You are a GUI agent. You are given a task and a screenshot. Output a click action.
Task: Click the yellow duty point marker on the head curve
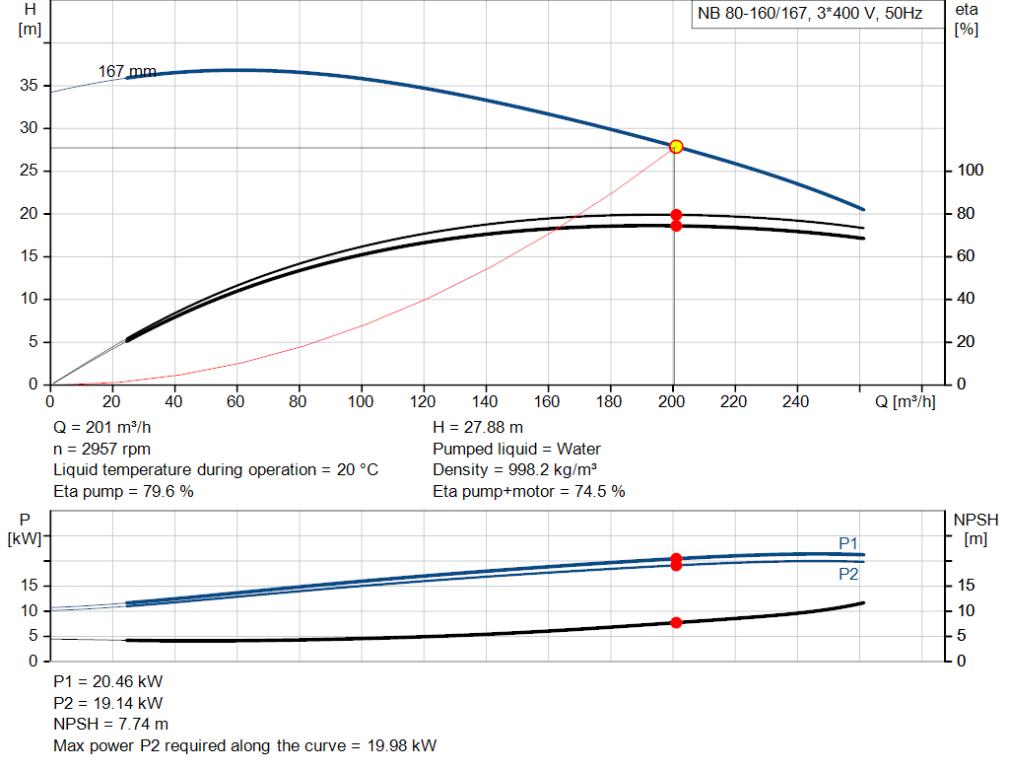point(676,147)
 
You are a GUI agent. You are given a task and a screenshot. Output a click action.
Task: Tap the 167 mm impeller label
point(127,71)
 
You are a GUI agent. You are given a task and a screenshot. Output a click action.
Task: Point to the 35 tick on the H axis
point(31,86)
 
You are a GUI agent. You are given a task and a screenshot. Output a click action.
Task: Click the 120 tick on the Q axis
point(424,401)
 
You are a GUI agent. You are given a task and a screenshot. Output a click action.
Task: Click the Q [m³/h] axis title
point(905,401)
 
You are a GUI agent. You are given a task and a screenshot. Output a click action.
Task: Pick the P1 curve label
point(848,543)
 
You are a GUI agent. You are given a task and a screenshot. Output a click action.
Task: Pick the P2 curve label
point(848,574)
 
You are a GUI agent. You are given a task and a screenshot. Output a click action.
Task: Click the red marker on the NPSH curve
point(676,622)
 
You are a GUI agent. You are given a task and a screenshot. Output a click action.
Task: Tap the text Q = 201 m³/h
point(102,428)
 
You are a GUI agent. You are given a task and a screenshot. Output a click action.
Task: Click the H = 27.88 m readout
point(478,428)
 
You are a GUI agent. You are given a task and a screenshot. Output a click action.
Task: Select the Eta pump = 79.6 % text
point(123,491)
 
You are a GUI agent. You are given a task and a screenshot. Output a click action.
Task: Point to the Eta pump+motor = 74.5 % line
point(528,491)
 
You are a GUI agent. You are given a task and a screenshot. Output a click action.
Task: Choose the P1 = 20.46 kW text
point(107,682)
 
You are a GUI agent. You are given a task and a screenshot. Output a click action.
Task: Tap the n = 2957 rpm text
point(101,449)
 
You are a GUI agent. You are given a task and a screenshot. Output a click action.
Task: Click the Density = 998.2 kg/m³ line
point(515,469)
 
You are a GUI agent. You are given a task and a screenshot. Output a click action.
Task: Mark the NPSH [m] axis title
point(975,528)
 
